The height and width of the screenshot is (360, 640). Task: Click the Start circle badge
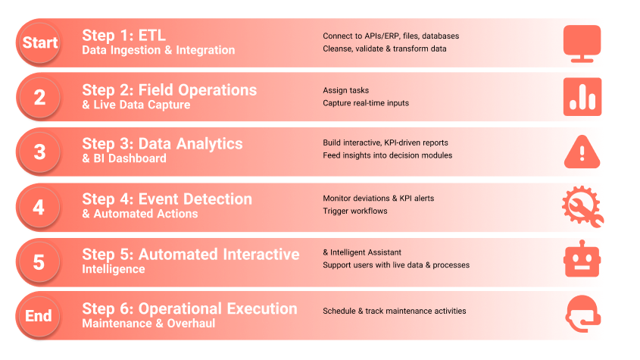click(x=39, y=42)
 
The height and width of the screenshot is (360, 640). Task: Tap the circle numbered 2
click(x=39, y=97)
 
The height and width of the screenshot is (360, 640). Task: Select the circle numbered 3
click(x=39, y=152)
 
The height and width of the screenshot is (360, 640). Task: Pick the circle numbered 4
click(x=39, y=207)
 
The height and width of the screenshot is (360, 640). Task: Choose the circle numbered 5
click(x=39, y=262)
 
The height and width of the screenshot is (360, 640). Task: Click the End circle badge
click(x=39, y=316)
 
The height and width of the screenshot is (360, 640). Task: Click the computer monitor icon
click(x=582, y=44)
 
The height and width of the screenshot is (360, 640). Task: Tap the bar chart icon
click(x=582, y=97)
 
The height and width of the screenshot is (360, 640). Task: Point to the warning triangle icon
click(x=582, y=152)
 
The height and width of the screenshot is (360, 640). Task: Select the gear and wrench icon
click(x=583, y=206)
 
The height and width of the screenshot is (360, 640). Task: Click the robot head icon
click(x=582, y=258)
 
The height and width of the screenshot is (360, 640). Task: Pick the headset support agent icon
click(x=583, y=314)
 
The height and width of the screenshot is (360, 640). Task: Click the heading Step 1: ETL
click(x=124, y=36)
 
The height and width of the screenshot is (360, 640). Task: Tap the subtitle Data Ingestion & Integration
click(x=158, y=50)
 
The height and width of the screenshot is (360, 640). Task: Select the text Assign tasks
click(x=345, y=90)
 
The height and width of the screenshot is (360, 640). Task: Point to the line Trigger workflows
click(x=355, y=211)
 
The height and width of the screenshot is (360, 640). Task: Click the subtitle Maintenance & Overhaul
click(x=148, y=323)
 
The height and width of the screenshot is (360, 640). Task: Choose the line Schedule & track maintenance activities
click(x=395, y=311)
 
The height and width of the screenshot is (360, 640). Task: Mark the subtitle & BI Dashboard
click(x=124, y=158)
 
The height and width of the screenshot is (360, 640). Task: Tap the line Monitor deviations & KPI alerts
click(x=379, y=198)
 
